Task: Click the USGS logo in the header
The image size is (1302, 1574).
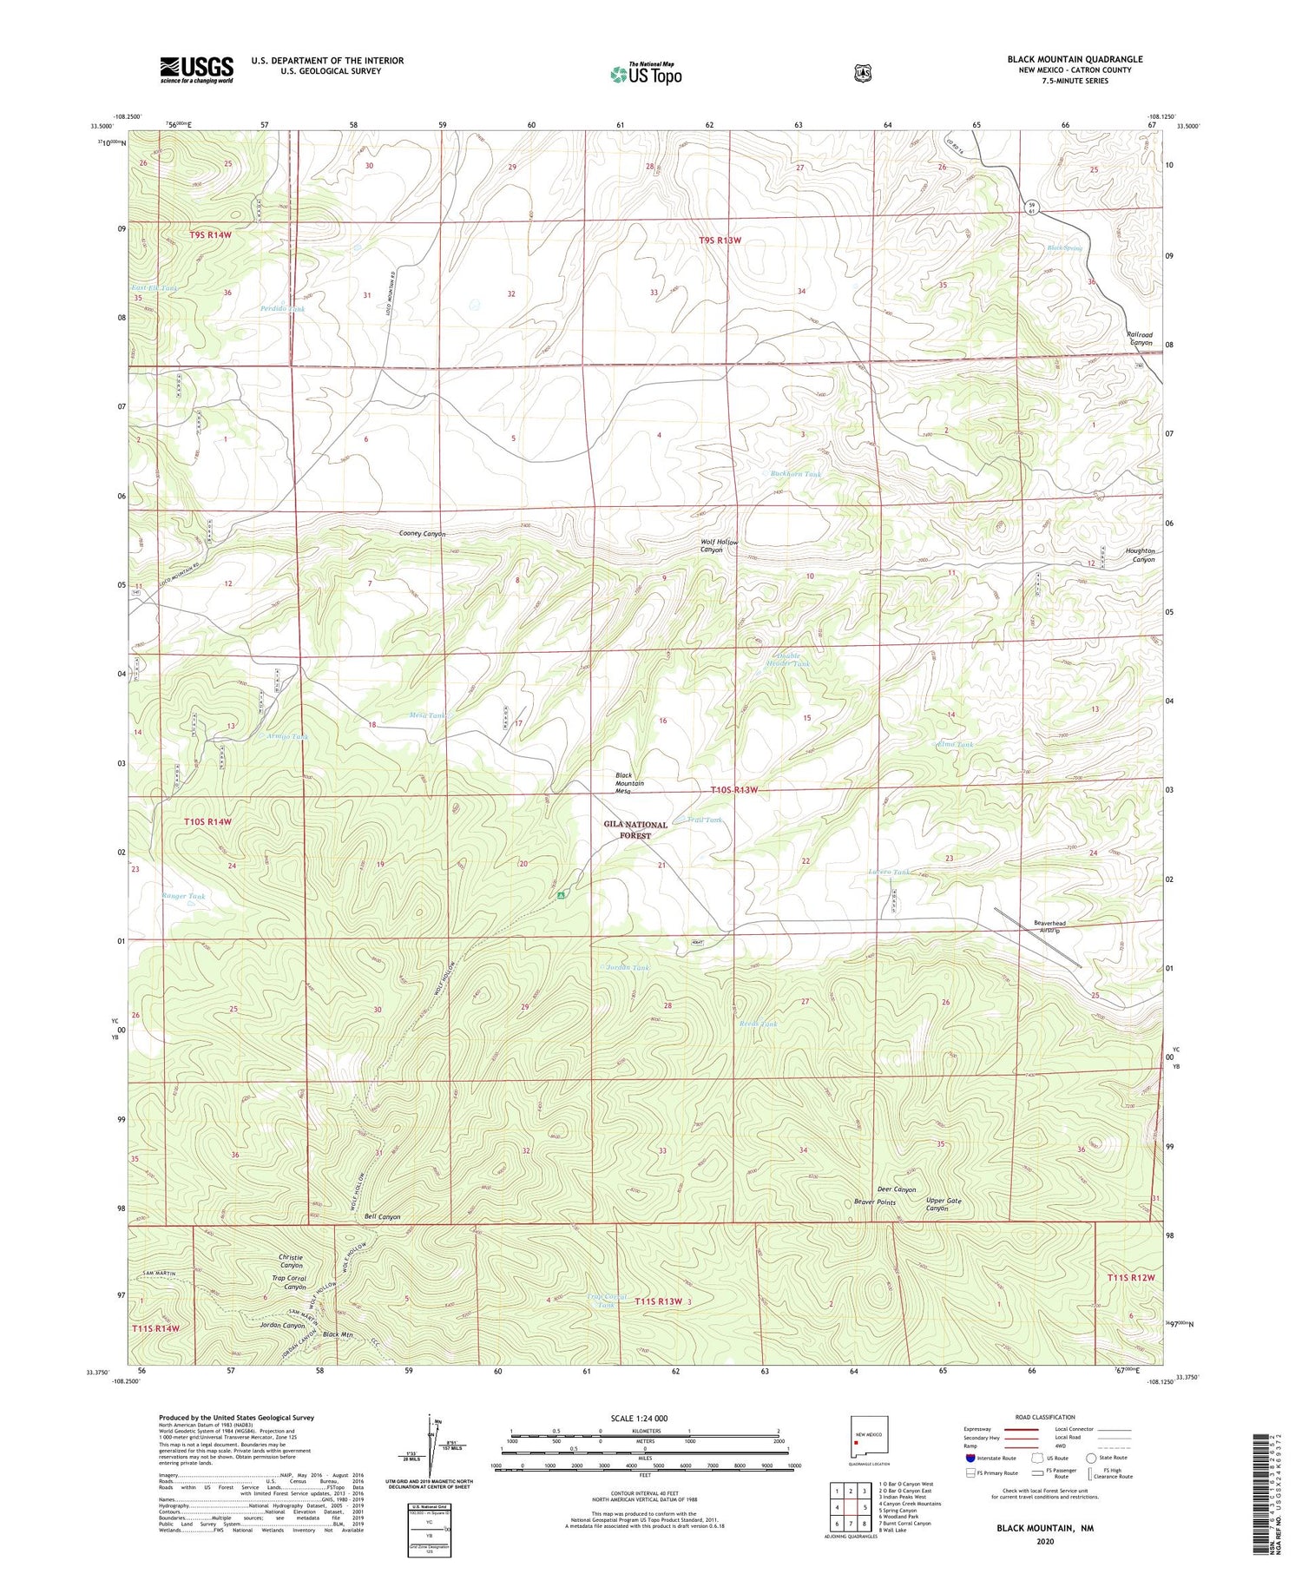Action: [196, 69]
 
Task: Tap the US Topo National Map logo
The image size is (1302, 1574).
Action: [646, 74]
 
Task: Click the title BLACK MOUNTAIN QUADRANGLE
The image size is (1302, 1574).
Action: [1075, 59]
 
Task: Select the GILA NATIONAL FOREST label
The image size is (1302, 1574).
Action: [635, 830]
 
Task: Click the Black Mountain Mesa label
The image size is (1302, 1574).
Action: [629, 783]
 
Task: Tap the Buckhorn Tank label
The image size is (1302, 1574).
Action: [795, 474]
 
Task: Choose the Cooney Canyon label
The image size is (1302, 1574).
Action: [422, 533]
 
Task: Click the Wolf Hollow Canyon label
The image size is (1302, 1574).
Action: [719, 546]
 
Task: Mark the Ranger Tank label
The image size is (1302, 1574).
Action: [184, 896]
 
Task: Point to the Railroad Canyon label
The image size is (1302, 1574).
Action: [1139, 339]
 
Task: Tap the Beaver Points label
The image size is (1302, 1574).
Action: [874, 1202]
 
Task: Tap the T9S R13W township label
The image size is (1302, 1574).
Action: [720, 240]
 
